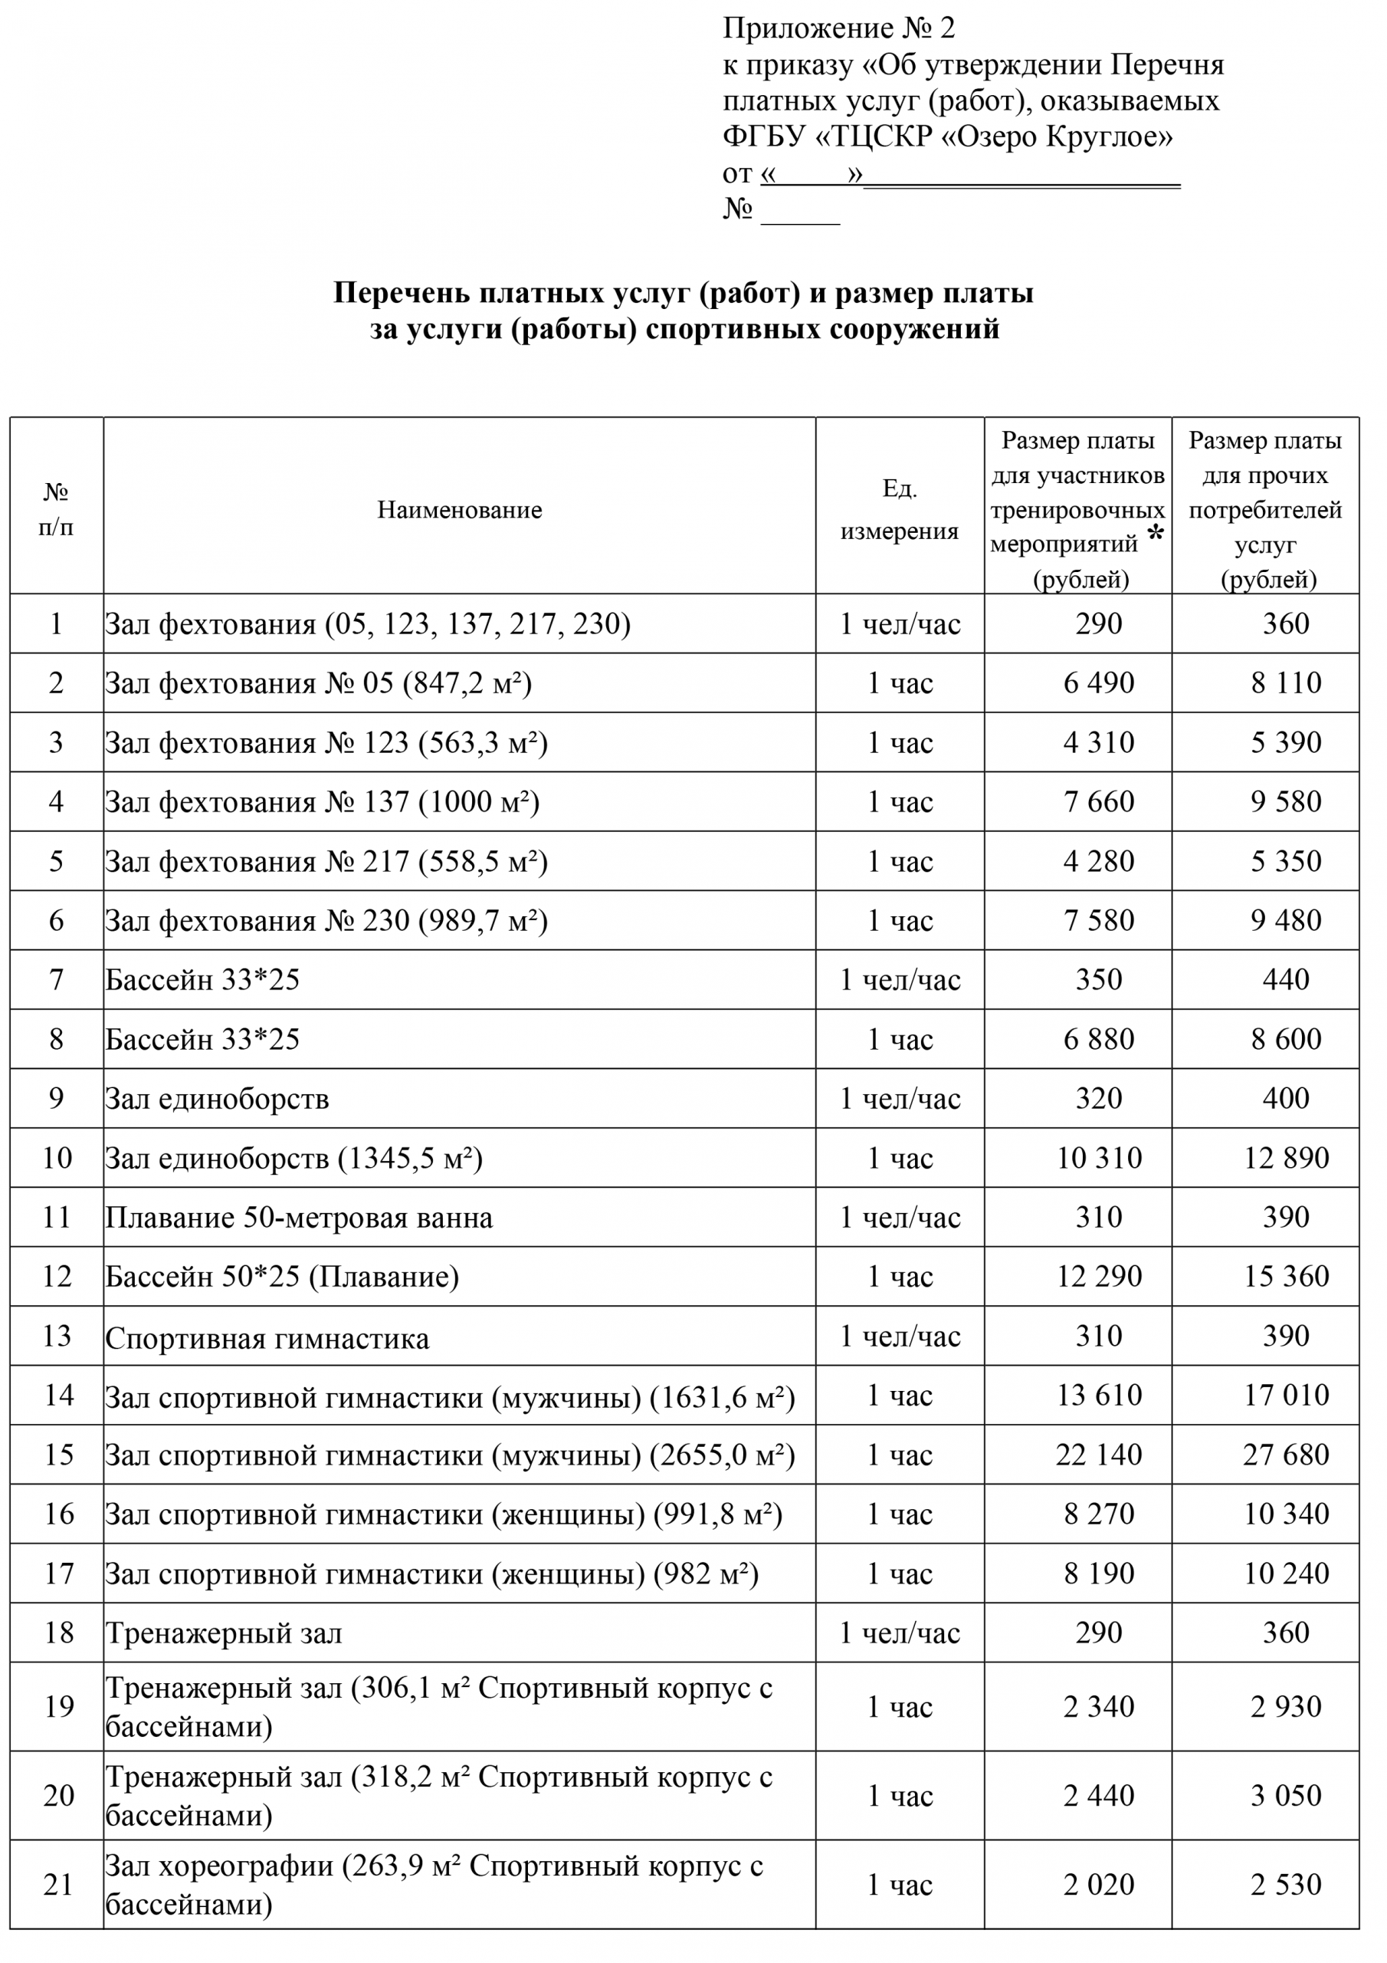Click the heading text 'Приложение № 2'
point(838,28)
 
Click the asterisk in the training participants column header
point(1156,534)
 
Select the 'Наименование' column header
point(459,511)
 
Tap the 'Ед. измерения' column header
point(899,511)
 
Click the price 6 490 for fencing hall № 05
point(1098,683)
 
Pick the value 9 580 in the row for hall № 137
point(1285,802)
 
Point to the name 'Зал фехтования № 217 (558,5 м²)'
point(326,861)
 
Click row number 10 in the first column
point(57,1158)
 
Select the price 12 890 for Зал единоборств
point(1285,1158)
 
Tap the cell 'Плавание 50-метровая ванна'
point(298,1218)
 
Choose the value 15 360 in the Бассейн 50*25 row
point(1285,1277)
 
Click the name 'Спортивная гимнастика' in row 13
point(267,1338)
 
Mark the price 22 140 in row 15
point(1098,1455)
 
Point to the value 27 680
point(1285,1455)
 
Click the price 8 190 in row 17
point(1098,1573)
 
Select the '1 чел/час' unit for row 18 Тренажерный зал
point(899,1633)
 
